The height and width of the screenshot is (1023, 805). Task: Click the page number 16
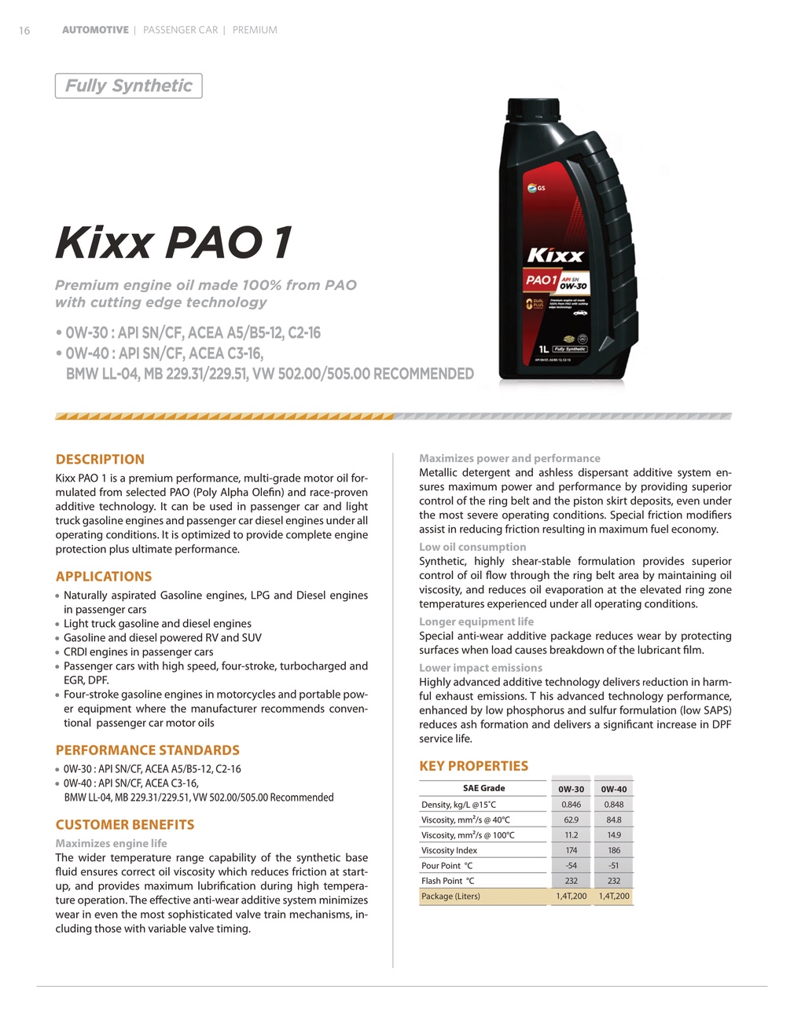click(24, 31)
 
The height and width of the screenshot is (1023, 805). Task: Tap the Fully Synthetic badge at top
click(128, 86)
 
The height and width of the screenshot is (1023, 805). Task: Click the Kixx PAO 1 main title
click(174, 242)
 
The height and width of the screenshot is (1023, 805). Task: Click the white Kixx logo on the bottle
click(555, 255)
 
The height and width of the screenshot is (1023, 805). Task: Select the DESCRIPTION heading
click(100, 460)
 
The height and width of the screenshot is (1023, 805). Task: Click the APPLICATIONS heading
click(104, 577)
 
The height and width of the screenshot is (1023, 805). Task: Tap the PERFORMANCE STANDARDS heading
click(147, 750)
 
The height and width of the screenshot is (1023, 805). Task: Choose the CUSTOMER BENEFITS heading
click(124, 825)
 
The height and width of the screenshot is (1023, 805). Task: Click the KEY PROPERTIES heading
click(473, 766)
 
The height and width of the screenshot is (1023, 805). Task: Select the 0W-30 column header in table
click(571, 789)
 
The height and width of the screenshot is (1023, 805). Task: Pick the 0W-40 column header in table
click(614, 789)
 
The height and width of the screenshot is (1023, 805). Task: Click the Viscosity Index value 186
click(614, 850)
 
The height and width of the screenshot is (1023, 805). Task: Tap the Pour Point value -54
click(571, 866)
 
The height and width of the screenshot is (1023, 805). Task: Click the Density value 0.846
click(571, 805)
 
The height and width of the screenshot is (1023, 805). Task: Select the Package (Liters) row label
click(450, 896)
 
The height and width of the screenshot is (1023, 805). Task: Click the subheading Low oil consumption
click(472, 547)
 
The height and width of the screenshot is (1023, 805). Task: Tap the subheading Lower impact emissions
click(480, 668)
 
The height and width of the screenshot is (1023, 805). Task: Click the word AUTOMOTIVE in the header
click(95, 30)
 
